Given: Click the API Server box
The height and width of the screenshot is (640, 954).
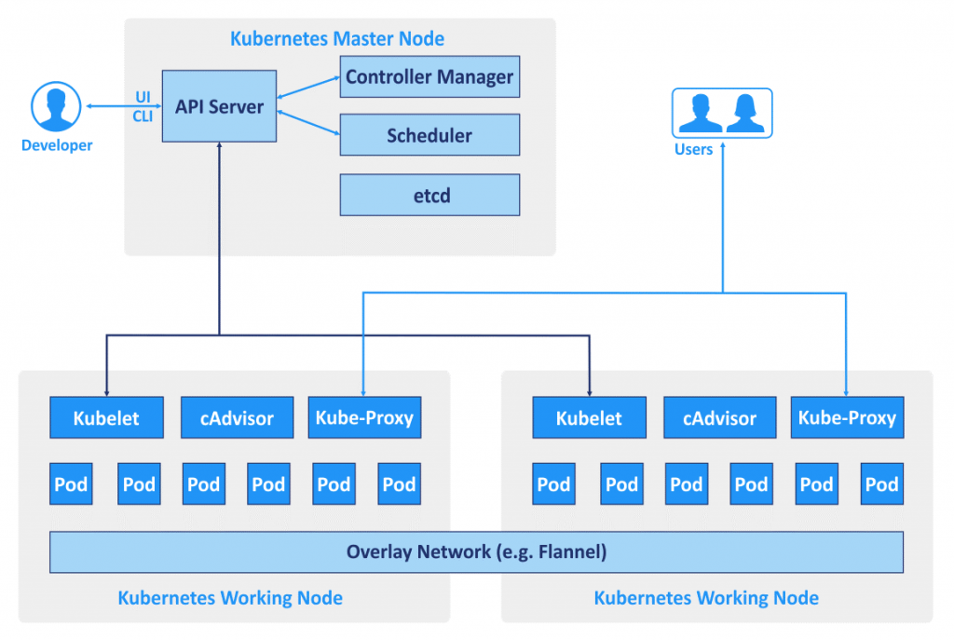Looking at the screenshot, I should (x=219, y=106).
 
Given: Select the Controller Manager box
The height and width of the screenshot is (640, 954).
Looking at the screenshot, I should (x=429, y=76).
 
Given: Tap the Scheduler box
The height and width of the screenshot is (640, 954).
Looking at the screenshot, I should (x=429, y=135).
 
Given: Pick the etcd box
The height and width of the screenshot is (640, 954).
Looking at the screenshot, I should (x=429, y=195).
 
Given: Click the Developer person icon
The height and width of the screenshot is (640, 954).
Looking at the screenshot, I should (x=57, y=106).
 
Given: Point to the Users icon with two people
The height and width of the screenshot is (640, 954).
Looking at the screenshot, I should (x=722, y=113).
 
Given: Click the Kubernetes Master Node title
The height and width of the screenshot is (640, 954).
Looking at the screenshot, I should (x=337, y=39).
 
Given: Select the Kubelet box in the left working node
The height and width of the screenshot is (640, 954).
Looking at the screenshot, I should (x=106, y=418).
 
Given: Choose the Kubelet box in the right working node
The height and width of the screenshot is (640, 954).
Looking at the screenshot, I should (x=589, y=418).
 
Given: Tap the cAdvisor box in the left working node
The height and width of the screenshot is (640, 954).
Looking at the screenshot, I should (x=236, y=418).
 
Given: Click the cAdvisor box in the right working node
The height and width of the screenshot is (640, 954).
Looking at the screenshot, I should (x=719, y=418).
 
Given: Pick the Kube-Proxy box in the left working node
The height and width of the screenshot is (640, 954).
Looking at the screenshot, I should (x=364, y=417).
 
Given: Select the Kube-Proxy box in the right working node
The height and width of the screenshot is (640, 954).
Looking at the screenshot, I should (x=847, y=417).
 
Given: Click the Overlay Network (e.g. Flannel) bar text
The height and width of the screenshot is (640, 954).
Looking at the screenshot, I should (x=476, y=551).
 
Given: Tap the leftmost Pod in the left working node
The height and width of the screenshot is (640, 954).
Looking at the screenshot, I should (x=71, y=484).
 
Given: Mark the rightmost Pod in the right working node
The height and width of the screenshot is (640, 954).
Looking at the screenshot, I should (x=881, y=484).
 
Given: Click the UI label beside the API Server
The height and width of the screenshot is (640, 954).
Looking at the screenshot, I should (x=143, y=97).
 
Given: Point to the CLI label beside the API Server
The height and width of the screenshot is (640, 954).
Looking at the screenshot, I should (x=143, y=116).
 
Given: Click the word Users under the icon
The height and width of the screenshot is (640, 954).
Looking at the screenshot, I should (x=693, y=149).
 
